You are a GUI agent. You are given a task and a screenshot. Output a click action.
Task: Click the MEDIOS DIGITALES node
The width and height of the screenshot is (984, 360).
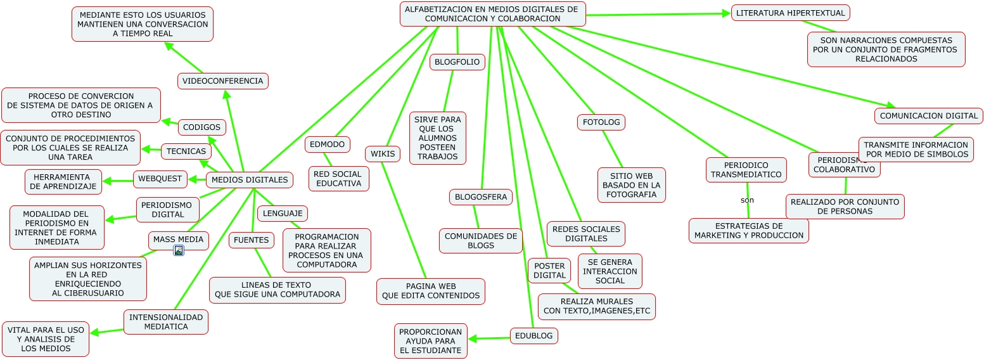[x=250, y=180]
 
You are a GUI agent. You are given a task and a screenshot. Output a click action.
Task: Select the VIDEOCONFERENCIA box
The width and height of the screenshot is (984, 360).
[x=222, y=81]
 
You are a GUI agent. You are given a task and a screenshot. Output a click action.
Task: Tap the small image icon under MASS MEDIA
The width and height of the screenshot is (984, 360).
[x=179, y=251]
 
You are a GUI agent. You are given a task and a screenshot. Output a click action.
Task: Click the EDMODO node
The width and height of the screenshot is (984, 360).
[x=328, y=145]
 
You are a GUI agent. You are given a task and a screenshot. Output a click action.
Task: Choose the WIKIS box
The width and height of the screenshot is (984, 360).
[x=383, y=153]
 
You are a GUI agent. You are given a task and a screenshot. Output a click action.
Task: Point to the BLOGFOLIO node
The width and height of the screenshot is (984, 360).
[x=457, y=62]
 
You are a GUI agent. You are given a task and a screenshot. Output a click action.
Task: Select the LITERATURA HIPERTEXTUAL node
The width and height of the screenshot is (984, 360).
[x=790, y=13]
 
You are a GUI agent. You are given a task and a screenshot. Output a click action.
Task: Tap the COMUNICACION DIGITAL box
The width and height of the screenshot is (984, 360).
[x=929, y=116]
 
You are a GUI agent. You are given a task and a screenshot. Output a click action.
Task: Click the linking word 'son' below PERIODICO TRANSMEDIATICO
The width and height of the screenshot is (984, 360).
[x=747, y=200]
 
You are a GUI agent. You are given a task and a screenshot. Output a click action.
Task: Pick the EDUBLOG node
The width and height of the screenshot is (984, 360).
[x=534, y=336]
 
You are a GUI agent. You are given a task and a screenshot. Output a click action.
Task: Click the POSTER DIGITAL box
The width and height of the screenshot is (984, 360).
[x=549, y=271]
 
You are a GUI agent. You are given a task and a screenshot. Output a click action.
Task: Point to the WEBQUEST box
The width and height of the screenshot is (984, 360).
[x=160, y=179]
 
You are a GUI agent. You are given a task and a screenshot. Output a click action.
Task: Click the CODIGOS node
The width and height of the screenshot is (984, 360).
[x=202, y=127]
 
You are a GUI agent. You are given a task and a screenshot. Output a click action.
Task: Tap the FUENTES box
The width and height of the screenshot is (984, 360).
[x=252, y=240]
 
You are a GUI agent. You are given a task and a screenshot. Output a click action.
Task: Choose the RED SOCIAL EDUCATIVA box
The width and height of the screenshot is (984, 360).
[x=338, y=179]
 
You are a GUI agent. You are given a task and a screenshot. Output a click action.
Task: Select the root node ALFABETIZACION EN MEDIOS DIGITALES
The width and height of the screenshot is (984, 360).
[x=492, y=14]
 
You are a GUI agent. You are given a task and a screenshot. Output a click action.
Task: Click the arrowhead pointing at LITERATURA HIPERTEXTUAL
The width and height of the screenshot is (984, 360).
[x=727, y=13]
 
